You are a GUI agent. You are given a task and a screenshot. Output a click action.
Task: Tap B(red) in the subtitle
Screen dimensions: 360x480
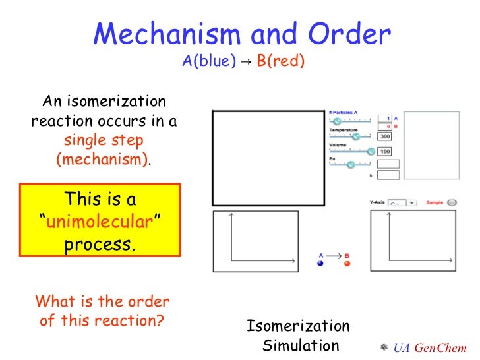pos(281,62)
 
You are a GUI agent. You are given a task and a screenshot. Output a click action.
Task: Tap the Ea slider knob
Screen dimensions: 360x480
pos(350,165)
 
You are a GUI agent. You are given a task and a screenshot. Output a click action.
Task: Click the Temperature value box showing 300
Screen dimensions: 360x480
pos(384,136)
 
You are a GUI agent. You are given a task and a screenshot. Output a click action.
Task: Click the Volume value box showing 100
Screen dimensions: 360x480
pos(384,152)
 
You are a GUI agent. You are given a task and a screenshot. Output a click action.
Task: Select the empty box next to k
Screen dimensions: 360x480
pos(389,175)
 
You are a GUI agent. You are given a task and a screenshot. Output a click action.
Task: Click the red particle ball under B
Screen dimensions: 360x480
pos(347,264)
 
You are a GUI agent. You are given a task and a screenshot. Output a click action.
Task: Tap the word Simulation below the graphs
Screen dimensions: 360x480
pos(301,345)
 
